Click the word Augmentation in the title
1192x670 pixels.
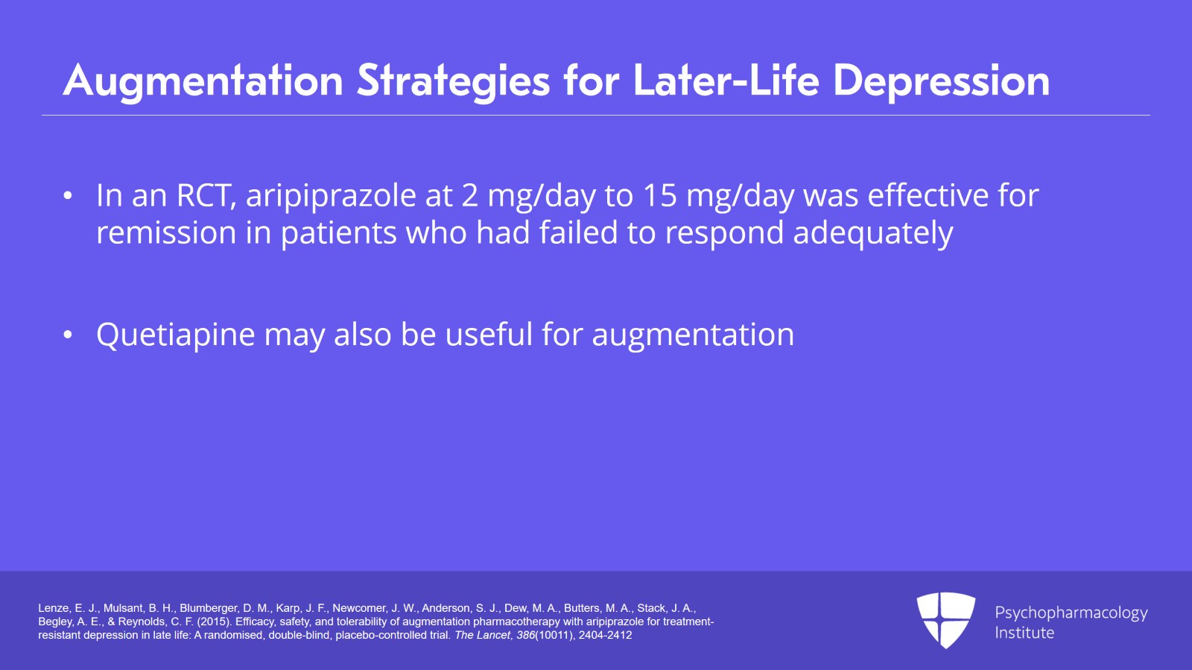203,80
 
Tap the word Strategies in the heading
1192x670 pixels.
453,80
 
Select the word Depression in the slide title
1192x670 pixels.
941,80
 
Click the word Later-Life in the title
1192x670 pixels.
726,80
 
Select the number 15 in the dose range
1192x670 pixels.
660,196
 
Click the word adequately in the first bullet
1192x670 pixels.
872,233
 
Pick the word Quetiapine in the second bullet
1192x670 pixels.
176,335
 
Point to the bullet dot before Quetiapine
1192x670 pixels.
68,335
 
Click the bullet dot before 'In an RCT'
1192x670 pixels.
68,197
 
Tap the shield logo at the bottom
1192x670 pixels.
945,619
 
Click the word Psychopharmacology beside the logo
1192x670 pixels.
1071,613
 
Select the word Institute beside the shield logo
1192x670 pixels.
1024,633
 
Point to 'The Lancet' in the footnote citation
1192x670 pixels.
482,635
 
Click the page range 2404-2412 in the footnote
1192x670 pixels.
605,635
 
